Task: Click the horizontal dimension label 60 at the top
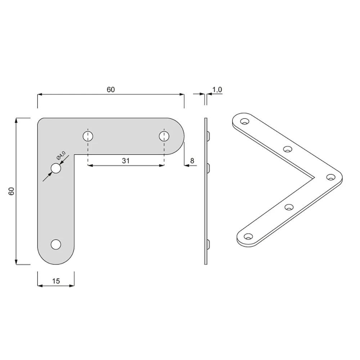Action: pos(111,90)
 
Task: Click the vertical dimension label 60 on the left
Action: pos(12,191)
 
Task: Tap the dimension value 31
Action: pos(126,161)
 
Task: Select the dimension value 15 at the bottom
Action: pos(56,281)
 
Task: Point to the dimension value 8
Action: pos(192,161)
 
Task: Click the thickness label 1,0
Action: pos(217,90)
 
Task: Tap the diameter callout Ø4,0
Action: pos(61,156)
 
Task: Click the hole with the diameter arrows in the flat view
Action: pos(56,168)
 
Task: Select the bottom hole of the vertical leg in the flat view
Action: pos(56,244)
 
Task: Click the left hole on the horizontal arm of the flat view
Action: pos(88,136)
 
